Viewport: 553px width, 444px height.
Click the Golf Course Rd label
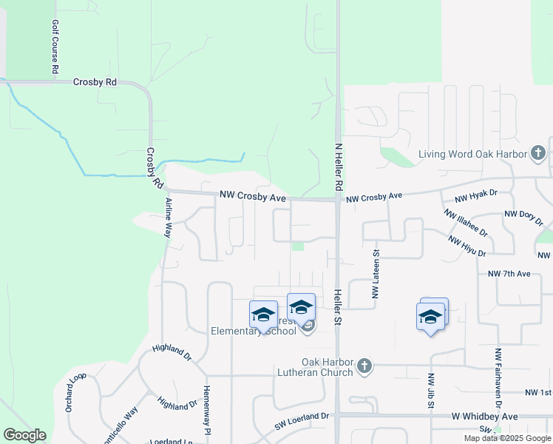click(55, 46)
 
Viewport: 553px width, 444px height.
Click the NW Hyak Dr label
click(476, 195)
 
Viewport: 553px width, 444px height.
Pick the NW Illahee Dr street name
click(465, 222)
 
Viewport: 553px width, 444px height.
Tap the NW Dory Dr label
click(523, 218)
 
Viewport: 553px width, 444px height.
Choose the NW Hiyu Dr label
click(467, 246)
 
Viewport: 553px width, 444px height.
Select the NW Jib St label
click(430, 391)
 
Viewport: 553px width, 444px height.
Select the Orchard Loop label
click(76, 392)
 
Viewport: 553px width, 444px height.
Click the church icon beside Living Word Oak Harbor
click(538, 154)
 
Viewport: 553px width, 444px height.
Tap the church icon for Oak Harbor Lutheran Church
click(364, 366)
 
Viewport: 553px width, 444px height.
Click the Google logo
click(24, 435)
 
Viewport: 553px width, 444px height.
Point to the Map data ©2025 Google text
click(507, 438)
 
